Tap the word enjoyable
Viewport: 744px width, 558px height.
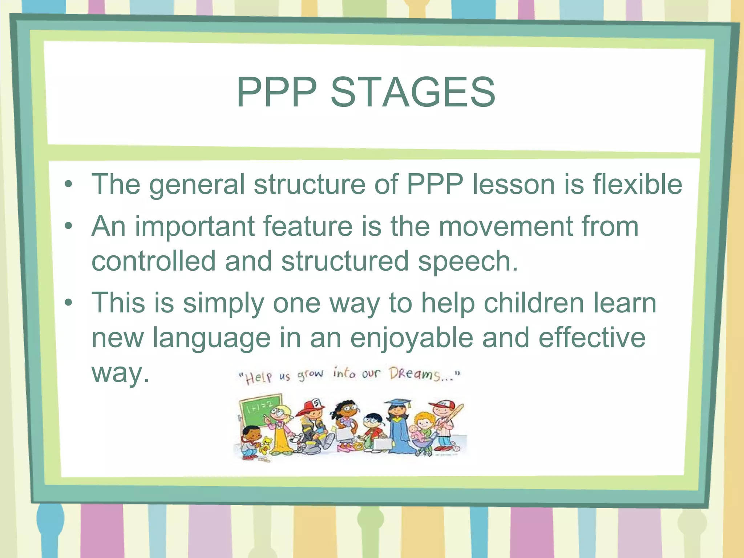(x=412, y=338)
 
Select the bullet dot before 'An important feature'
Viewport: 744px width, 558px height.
(x=68, y=226)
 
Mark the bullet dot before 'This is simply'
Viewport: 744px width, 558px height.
(x=68, y=303)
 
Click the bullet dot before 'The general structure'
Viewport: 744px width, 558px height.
(x=68, y=184)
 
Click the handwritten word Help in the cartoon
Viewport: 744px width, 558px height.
(x=258, y=378)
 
